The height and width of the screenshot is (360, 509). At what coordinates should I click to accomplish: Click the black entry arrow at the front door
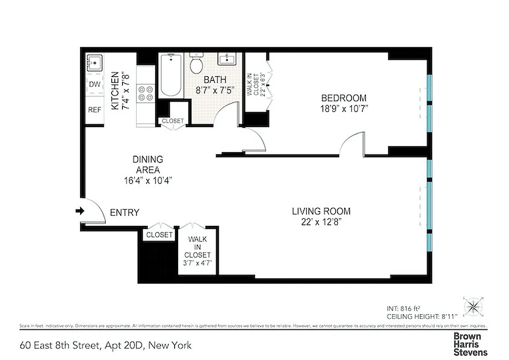[80, 211]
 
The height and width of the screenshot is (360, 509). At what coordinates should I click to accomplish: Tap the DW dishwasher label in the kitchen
[95, 84]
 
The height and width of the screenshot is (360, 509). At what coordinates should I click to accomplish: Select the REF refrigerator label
[95, 110]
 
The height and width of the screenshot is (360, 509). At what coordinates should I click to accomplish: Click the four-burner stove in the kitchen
[146, 93]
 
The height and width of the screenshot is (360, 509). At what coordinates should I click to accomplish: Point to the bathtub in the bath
[170, 75]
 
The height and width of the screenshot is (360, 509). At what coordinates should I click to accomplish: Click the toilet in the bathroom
[196, 63]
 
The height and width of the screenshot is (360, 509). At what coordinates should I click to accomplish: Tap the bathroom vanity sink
[226, 58]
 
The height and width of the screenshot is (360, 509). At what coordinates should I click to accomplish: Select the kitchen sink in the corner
[94, 63]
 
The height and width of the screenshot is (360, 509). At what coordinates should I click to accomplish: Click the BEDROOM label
[343, 98]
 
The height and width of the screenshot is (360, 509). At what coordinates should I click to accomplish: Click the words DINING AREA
[148, 165]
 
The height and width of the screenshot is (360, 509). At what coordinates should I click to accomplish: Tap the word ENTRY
[125, 213]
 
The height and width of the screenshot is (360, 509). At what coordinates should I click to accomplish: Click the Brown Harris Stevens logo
[470, 344]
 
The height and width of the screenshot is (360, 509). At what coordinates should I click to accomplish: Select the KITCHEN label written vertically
[115, 90]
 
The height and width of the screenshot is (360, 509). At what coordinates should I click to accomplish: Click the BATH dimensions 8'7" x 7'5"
[215, 90]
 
